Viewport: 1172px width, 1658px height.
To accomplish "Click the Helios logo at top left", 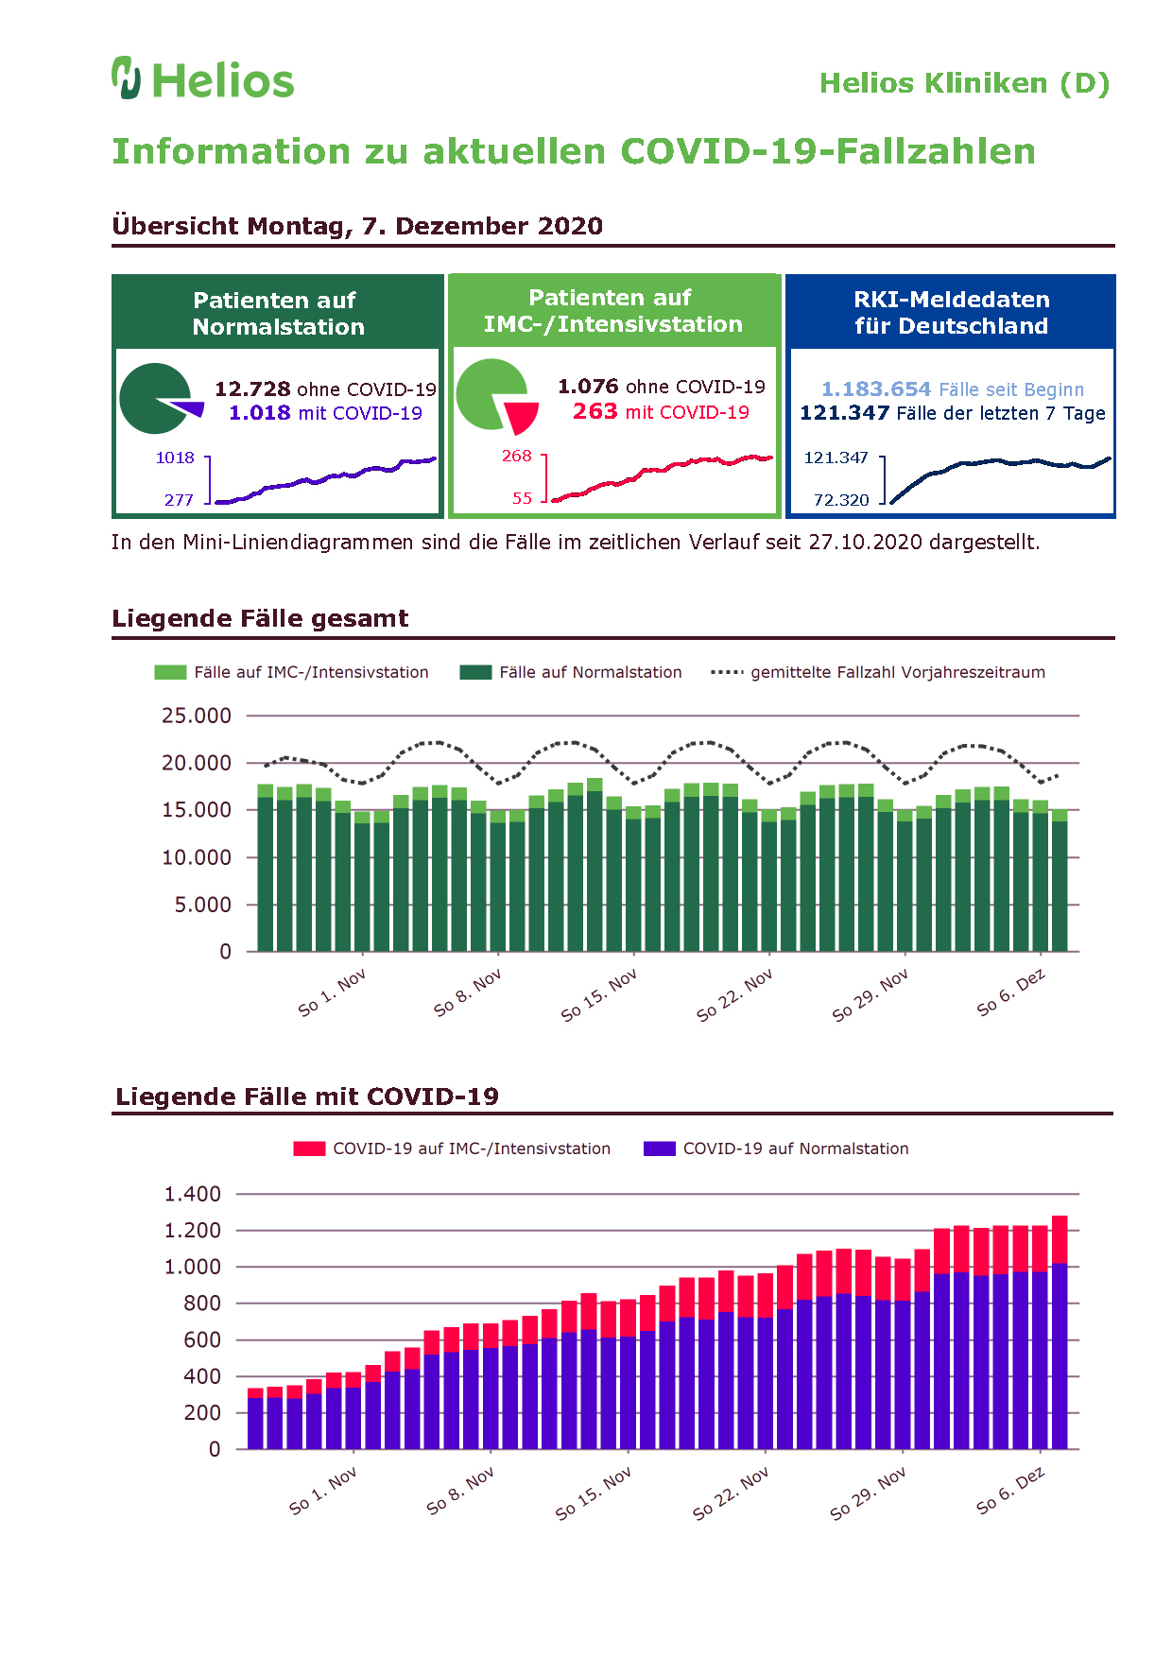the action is pyautogui.click(x=203, y=78).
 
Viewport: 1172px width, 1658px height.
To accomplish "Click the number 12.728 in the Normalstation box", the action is pyautogui.click(x=252, y=389).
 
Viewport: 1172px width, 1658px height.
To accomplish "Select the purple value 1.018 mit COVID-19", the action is pyautogui.click(x=325, y=413).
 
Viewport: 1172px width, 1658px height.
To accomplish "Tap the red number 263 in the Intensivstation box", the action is pyautogui.click(x=595, y=411).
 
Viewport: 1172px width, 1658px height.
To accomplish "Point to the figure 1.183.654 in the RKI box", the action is pyautogui.click(x=876, y=389).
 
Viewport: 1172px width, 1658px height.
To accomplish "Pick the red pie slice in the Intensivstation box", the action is pyautogui.click(x=522, y=417).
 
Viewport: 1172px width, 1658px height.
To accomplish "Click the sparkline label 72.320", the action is pyautogui.click(x=841, y=500).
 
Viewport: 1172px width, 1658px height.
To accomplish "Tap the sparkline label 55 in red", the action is pyautogui.click(x=522, y=498).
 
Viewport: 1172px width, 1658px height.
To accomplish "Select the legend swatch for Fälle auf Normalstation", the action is pyautogui.click(x=475, y=672).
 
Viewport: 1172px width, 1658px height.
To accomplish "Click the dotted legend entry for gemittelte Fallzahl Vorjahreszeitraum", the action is pyautogui.click(x=878, y=672).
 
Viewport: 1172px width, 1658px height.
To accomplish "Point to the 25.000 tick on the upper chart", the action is pyautogui.click(x=197, y=716).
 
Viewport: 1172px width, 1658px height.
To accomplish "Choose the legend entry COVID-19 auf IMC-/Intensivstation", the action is pyautogui.click(x=452, y=1149).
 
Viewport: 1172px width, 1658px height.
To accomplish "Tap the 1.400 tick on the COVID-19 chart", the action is pyautogui.click(x=193, y=1194).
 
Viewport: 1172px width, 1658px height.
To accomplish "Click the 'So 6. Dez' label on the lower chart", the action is pyautogui.click(x=1011, y=1491).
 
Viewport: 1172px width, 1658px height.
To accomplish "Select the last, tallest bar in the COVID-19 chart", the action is pyautogui.click(x=1060, y=1332).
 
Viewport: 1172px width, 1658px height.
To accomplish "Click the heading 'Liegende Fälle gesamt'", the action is pyautogui.click(x=260, y=618).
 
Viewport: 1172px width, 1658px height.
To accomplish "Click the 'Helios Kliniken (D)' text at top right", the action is pyautogui.click(x=964, y=83).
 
